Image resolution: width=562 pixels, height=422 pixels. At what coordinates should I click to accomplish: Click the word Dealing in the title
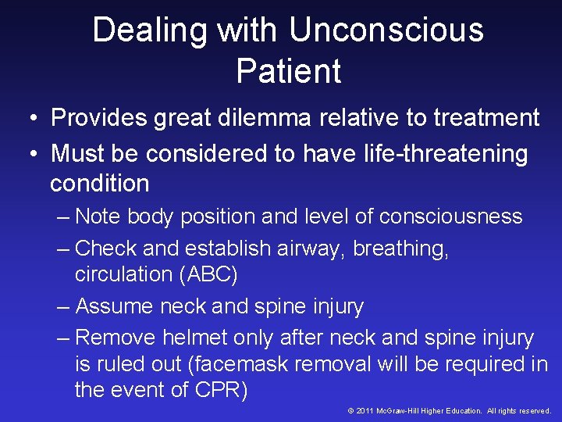click(149, 31)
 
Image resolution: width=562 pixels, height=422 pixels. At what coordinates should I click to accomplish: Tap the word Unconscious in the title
click(386, 31)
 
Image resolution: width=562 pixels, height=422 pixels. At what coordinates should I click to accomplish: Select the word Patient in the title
click(289, 71)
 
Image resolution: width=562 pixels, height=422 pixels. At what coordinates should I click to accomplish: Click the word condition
click(99, 184)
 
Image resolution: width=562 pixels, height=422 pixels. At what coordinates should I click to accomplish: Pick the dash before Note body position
click(64, 216)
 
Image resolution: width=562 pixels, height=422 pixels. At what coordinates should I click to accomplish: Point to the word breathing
click(400, 249)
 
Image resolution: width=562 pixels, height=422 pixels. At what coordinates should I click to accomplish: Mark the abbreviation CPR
click(220, 390)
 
